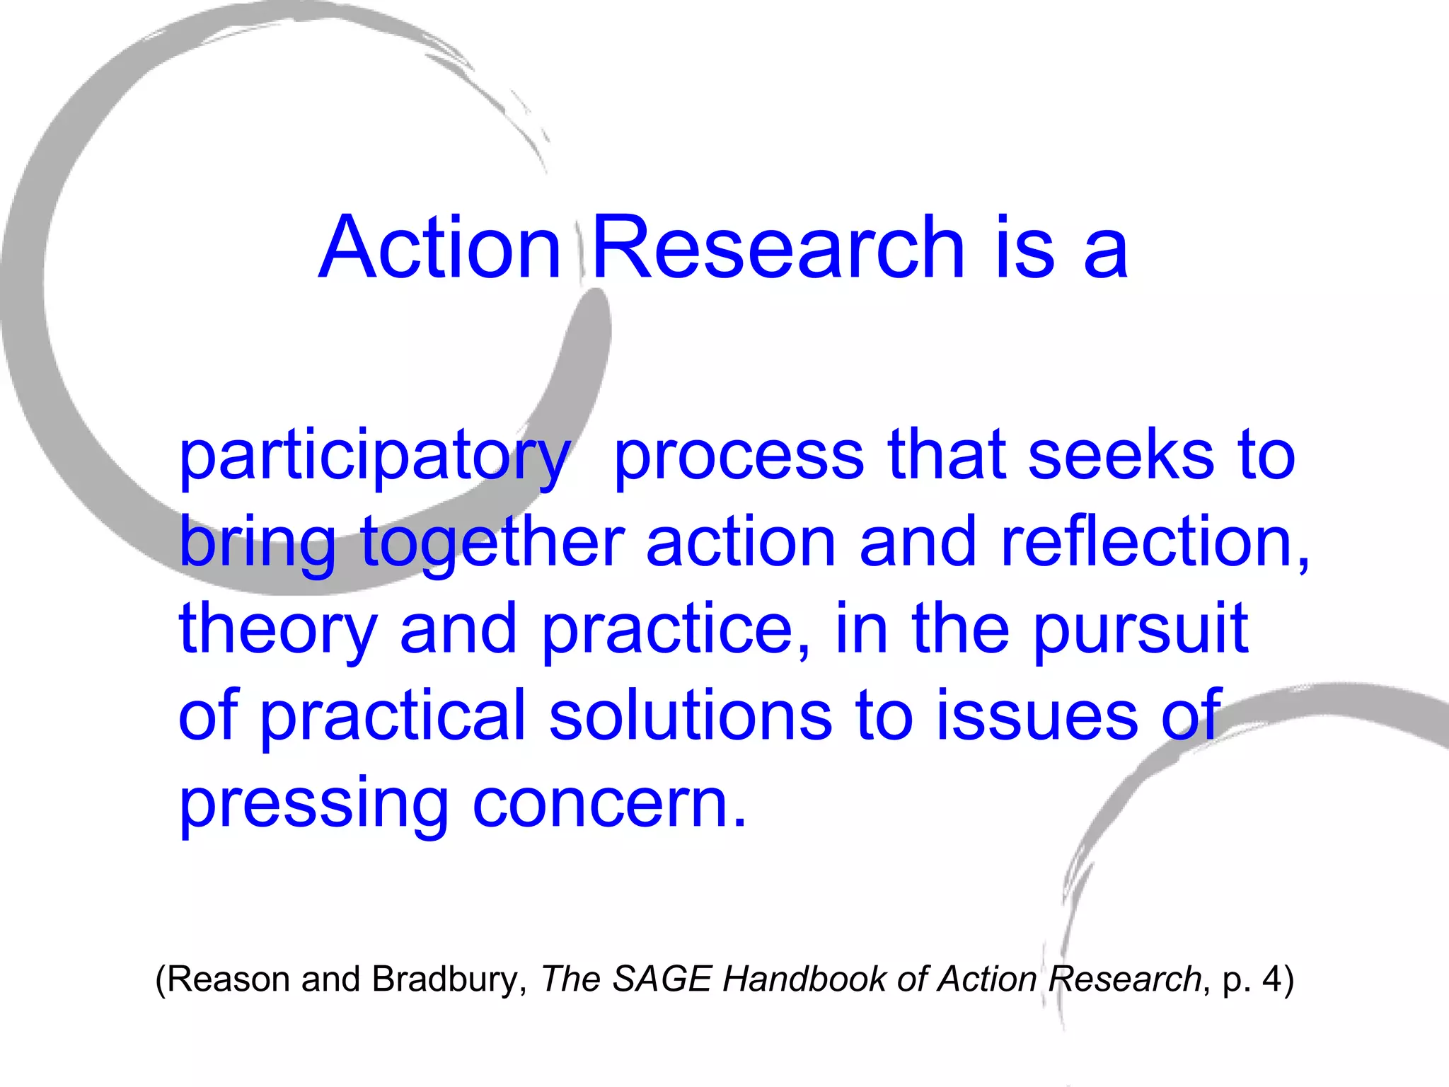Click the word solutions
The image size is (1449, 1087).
691,716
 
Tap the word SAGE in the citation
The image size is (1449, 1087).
662,979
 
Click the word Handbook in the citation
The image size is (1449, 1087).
805,979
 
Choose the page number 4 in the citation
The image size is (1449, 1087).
1272,979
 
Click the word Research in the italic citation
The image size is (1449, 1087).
1124,979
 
